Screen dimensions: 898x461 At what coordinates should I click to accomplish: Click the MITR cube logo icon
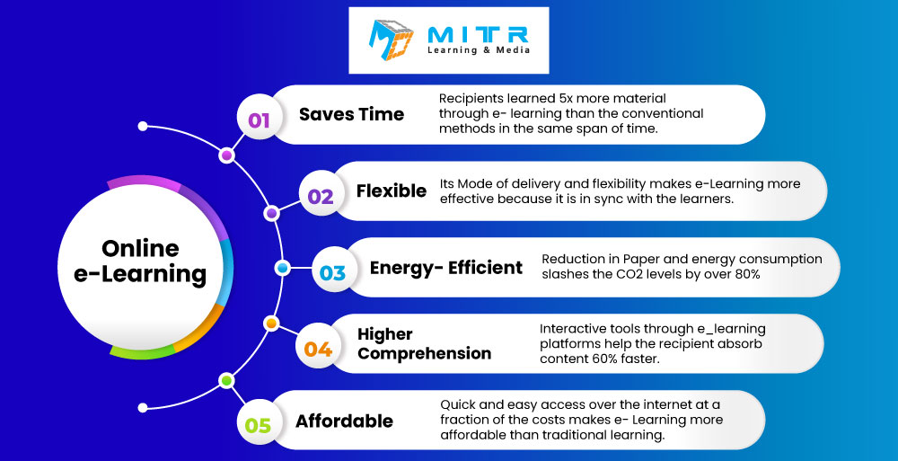391,40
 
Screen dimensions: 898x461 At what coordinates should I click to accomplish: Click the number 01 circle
259,120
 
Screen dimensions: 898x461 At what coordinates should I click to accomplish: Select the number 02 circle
321,197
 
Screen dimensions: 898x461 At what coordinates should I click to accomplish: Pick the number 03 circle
333,272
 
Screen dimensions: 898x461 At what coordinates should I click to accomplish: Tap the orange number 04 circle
318,349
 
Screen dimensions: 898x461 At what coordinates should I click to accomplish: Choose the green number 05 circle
258,425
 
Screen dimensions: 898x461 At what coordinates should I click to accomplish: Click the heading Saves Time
351,114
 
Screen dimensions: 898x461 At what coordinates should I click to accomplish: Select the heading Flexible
392,191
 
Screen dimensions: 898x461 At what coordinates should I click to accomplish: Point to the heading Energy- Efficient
446,268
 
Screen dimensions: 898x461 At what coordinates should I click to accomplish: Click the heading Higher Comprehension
424,343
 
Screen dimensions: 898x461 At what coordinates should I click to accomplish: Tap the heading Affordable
344,421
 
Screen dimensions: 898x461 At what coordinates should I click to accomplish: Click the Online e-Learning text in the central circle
140,262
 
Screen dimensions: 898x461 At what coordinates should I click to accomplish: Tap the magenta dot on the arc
227,155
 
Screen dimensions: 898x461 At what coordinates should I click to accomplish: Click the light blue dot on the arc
282,268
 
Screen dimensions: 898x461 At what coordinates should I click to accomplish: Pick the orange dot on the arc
271,324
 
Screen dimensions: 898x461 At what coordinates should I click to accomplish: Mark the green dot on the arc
227,380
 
